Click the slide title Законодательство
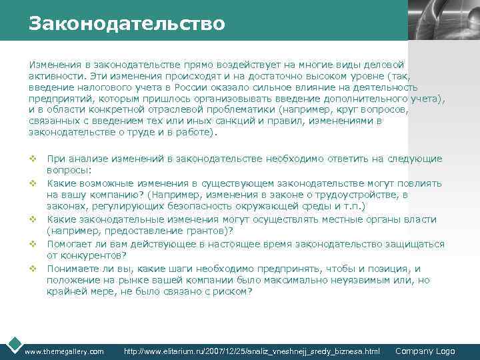(127, 24)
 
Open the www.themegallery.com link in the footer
(64, 351)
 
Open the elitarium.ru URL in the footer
(252, 351)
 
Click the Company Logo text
(425, 351)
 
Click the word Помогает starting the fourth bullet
(69, 243)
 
